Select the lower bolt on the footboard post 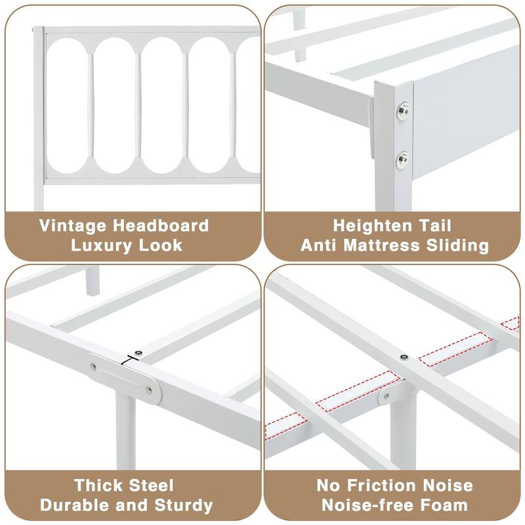[402, 157]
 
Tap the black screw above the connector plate [138, 352]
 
